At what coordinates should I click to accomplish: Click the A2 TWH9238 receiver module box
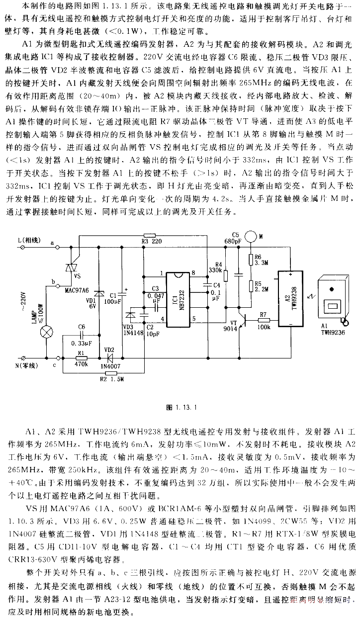click(291, 299)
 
